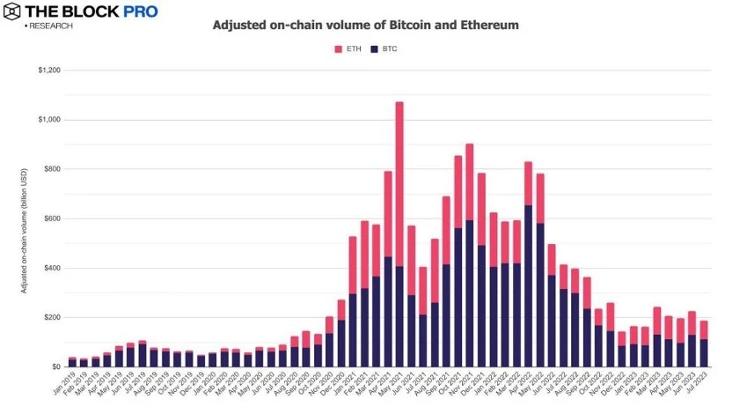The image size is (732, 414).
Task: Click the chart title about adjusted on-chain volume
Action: click(365, 26)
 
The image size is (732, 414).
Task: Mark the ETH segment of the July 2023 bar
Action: click(703, 329)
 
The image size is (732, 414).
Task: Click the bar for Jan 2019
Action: click(73, 362)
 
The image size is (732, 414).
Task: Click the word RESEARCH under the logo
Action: click(50, 26)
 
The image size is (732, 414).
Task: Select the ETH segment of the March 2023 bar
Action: click(656, 321)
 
